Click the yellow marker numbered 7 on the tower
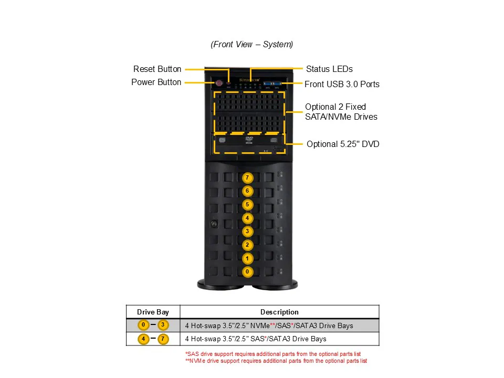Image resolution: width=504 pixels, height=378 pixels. [x=247, y=178]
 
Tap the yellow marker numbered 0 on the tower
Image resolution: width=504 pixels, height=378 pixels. [x=247, y=272]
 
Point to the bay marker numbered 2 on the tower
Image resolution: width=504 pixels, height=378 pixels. [x=247, y=245]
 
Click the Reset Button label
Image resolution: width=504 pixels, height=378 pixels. [x=157, y=69]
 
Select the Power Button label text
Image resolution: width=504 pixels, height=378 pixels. [x=156, y=82]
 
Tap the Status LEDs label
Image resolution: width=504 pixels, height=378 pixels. [x=329, y=69]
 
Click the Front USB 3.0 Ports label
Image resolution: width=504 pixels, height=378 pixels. [x=342, y=84]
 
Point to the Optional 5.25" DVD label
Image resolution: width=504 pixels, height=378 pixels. [x=343, y=144]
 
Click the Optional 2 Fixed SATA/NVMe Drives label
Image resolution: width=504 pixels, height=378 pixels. [x=341, y=112]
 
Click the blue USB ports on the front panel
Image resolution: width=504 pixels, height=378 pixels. [x=272, y=83]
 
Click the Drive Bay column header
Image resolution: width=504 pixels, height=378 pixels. [x=153, y=312]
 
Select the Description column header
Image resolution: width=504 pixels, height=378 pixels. [x=279, y=312]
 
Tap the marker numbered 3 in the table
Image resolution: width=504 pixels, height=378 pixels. [x=163, y=325]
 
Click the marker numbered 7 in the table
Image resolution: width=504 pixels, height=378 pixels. [x=163, y=339]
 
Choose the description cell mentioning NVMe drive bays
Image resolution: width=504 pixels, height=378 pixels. [x=269, y=326]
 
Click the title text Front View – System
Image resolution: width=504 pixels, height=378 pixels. [x=252, y=45]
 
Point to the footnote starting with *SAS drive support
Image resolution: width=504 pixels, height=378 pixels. [x=273, y=354]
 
